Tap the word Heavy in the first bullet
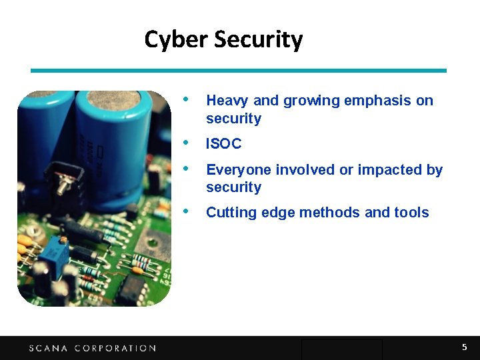[x=227, y=101]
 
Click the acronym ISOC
[x=223, y=144]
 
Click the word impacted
[x=390, y=170]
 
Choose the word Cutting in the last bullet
[x=228, y=213]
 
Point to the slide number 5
[x=465, y=347]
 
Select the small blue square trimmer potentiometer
[x=49, y=255]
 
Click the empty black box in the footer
[x=341, y=349]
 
